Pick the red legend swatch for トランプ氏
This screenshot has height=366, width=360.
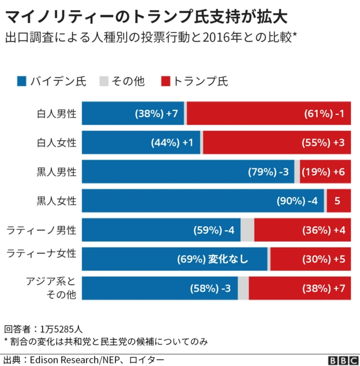[165, 81]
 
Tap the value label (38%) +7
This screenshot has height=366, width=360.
[156, 114]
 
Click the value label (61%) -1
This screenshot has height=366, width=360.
[324, 114]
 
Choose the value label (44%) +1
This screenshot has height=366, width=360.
[172, 143]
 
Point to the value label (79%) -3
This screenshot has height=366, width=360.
[268, 172]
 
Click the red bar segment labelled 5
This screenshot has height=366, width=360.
[337, 201]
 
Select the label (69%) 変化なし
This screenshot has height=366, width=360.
[212, 260]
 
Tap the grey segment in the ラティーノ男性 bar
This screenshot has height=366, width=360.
[247, 230]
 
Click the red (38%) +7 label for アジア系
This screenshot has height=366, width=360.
[324, 288]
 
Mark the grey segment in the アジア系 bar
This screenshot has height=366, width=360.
[243, 288]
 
